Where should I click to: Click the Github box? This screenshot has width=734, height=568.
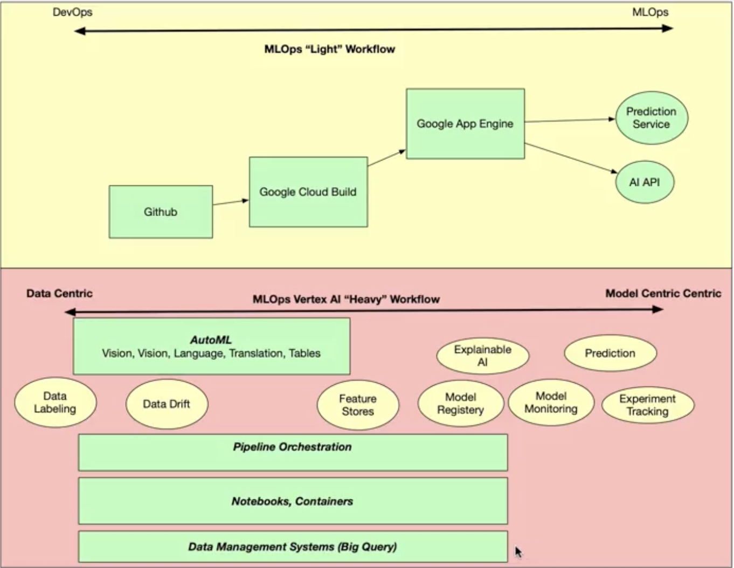click(x=161, y=212)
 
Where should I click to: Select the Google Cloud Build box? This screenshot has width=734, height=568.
click(x=308, y=192)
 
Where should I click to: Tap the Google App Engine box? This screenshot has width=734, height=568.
click(x=466, y=123)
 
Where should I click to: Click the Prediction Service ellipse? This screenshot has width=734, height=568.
click(x=652, y=118)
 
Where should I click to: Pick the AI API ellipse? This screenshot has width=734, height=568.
click(x=645, y=182)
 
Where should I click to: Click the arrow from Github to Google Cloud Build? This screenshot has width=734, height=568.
click(x=231, y=202)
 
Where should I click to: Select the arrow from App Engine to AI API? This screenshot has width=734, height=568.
click(x=571, y=158)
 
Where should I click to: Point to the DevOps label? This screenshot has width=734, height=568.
click(x=73, y=12)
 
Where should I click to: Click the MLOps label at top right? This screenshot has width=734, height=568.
click(x=650, y=12)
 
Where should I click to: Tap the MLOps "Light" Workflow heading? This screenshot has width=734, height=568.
click(x=330, y=49)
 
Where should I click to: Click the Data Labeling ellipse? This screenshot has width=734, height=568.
click(x=55, y=402)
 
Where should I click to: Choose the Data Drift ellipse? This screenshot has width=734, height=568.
click(x=167, y=404)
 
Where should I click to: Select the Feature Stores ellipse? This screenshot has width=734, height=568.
click(x=358, y=405)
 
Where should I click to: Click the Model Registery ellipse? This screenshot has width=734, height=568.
click(x=461, y=403)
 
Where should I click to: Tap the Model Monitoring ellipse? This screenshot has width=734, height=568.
click(x=551, y=402)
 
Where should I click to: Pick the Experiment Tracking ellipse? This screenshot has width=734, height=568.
click(x=648, y=405)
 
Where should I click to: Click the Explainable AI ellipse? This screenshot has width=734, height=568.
click(x=483, y=356)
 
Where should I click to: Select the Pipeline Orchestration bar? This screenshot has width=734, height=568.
click(x=293, y=453)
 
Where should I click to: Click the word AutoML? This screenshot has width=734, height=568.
click(x=211, y=340)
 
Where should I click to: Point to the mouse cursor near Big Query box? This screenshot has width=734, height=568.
click(x=518, y=552)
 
